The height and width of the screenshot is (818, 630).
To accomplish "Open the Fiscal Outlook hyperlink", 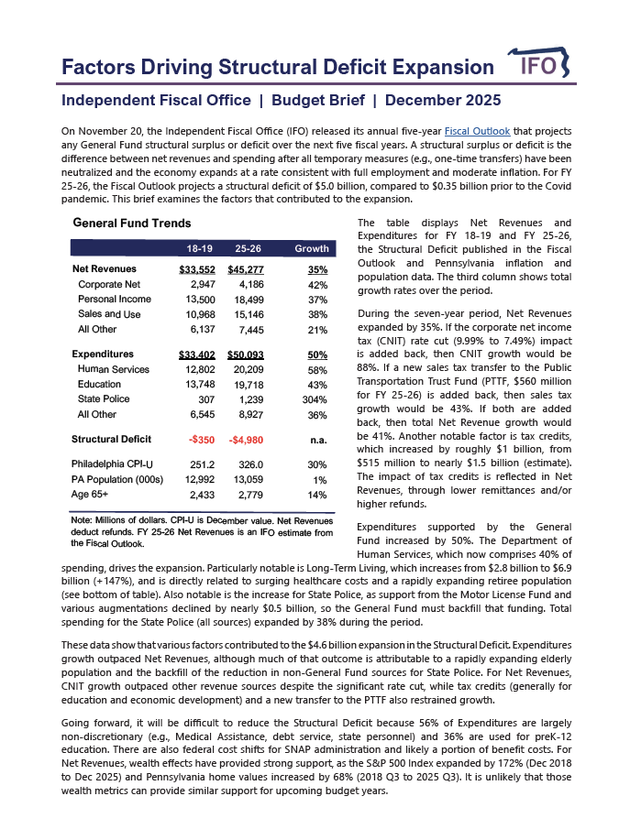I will pyautogui.click(x=476, y=131).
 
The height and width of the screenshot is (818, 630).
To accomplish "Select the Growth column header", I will pyautogui.click(x=311, y=249).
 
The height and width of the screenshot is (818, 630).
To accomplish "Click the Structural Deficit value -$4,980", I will pyautogui.click(x=246, y=440).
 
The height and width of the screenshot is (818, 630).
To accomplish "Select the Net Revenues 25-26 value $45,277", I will pyautogui.click(x=246, y=269).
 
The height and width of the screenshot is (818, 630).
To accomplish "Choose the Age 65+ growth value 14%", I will pyautogui.click(x=317, y=495).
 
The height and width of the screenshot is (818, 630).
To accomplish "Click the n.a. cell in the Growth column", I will pyautogui.click(x=317, y=440).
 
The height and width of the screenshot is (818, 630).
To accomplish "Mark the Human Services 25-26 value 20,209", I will pyautogui.click(x=249, y=370).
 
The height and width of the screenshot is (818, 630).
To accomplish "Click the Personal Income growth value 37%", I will pyautogui.click(x=317, y=300).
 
